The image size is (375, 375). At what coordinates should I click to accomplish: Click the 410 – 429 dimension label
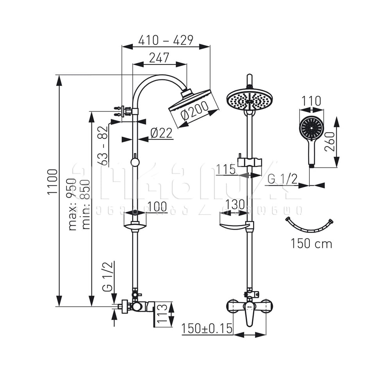pos(166,40)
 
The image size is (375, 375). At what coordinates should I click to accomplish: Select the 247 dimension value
pos(159,57)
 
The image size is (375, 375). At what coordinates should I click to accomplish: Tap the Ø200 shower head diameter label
pos(194,112)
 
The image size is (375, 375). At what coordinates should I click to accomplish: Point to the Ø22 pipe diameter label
pos(161,133)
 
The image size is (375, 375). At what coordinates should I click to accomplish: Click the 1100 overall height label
pos(52,182)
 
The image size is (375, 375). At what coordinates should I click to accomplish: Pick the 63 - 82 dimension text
pos(103,146)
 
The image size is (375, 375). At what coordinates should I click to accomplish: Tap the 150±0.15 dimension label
pos(207,328)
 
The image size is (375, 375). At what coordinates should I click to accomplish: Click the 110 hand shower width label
pos(311,102)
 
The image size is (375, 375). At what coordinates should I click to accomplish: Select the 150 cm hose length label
pos(311,244)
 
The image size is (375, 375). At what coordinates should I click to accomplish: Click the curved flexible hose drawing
pos(309,225)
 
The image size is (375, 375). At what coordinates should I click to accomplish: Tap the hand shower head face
pos(311,127)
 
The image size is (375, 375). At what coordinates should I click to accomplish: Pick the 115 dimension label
pos(226,169)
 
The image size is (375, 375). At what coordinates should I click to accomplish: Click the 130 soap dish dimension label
pos(234,204)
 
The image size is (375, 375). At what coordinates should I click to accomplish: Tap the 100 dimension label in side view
pos(157,207)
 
